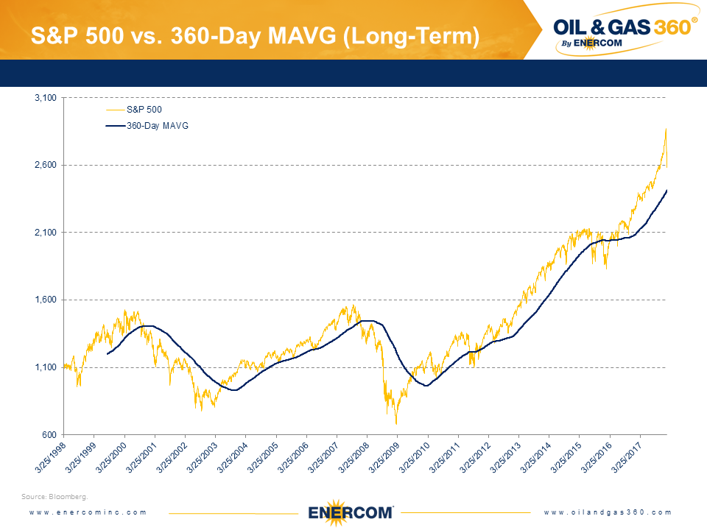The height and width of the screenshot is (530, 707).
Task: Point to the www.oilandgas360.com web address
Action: point(608,512)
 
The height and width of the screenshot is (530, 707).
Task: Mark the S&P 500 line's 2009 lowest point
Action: point(396,423)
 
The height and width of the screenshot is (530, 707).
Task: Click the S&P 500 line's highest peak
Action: point(666,129)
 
